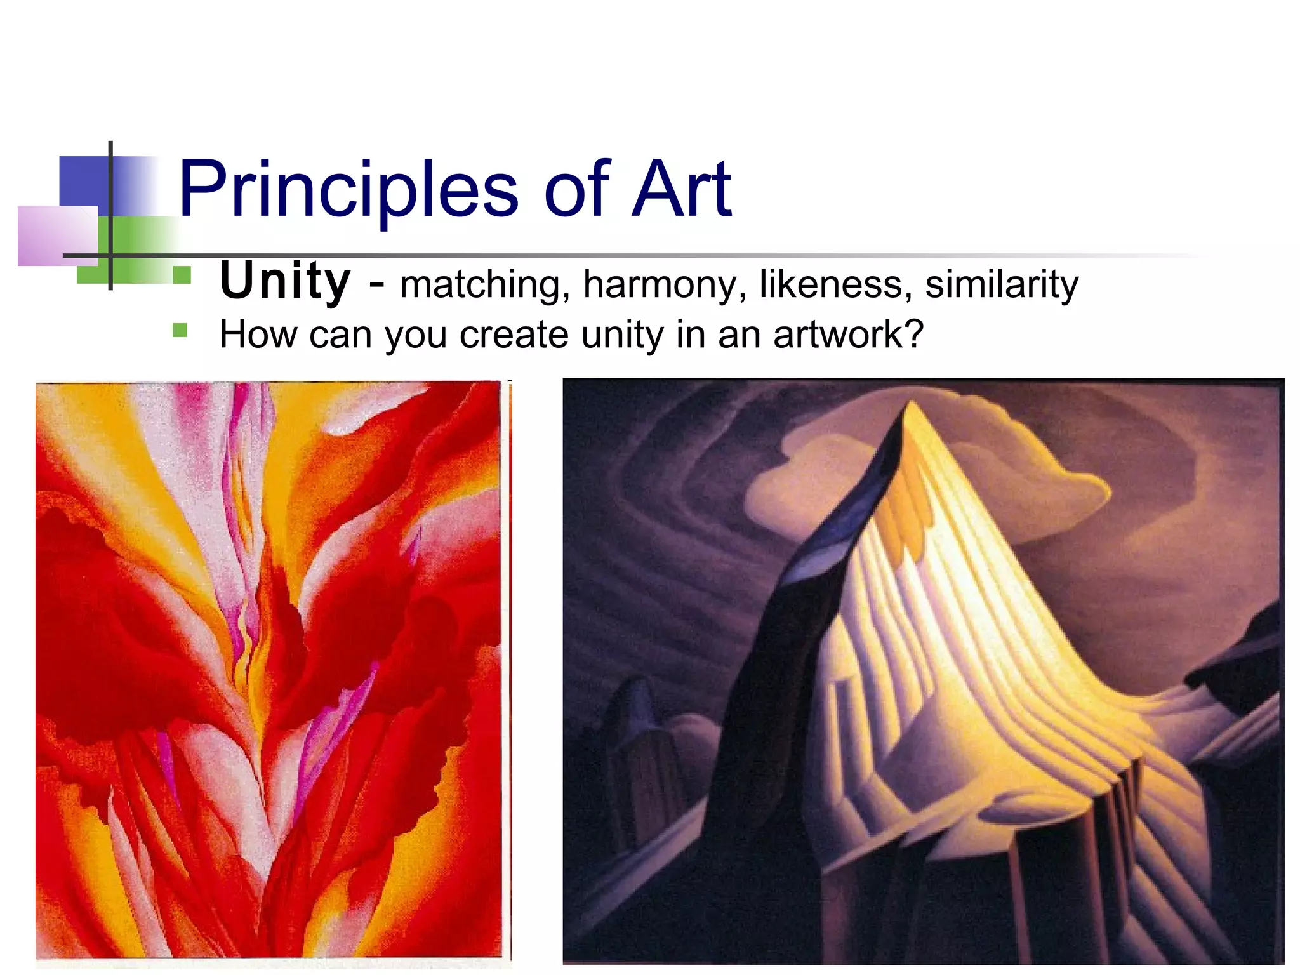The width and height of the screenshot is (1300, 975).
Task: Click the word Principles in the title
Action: (348, 189)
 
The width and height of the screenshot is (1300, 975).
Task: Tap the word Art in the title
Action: (682, 189)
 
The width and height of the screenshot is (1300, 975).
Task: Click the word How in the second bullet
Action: (258, 334)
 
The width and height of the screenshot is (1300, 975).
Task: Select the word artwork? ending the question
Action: (848, 335)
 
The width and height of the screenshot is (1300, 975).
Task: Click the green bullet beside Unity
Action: (182, 275)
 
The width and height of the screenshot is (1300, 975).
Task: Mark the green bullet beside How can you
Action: (180, 330)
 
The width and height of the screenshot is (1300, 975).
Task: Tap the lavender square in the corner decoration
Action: (57, 235)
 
